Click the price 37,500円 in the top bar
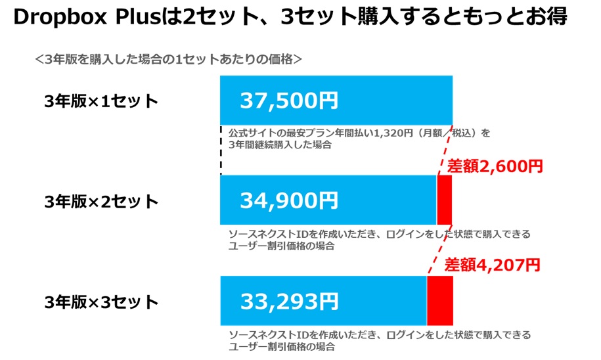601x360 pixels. coord(288,101)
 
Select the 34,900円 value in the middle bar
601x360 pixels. coord(288,200)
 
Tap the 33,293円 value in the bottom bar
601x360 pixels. coord(288,301)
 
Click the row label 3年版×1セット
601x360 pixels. coord(101,101)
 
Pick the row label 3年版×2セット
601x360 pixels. coord(101,202)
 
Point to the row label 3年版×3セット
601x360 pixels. coord(101,302)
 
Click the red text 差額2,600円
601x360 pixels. coord(495,166)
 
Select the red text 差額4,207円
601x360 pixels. coord(492,265)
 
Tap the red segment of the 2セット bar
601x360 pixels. coord(445,200)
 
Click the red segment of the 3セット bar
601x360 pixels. coord(439,300)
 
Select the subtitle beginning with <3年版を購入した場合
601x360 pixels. coord(168,59)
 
